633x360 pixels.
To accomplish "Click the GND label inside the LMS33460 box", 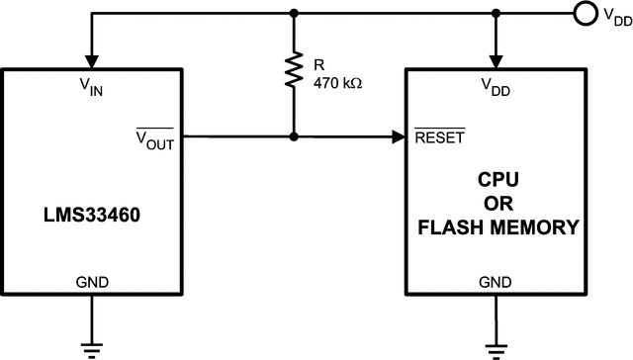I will point(92,282).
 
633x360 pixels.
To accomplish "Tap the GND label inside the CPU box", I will point(494,282).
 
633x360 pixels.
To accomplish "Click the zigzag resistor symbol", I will point(294,70).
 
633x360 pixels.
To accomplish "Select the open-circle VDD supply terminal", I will point(583,14).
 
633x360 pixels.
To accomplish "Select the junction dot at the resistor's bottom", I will point(294,136).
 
